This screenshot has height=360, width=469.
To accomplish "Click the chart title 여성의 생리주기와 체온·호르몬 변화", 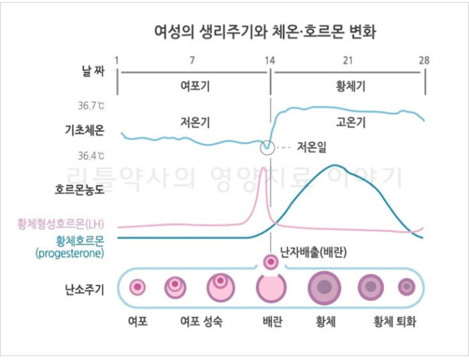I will pos(269,31).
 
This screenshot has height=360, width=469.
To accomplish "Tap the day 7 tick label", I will pos(193,60).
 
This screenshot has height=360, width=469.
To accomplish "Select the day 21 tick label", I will pos(347,60).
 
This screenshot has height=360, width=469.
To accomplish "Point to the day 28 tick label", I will pos(424,60).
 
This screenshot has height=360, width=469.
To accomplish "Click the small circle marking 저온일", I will pos(266,147).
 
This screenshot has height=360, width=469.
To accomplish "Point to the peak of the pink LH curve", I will pos(263,168).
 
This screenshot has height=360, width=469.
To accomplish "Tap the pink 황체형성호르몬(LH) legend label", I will pos(61,224).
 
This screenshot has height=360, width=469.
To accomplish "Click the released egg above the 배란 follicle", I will pos(270,262).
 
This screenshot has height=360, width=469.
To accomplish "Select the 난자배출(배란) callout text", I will pos(314,251).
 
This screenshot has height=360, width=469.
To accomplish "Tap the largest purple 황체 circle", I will pos(324,287).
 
